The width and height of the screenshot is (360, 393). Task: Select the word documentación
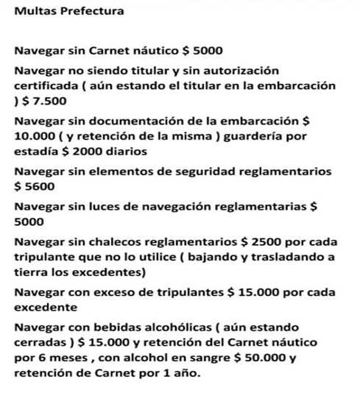click(139, 121)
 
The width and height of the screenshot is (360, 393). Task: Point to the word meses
click(73, 358)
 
